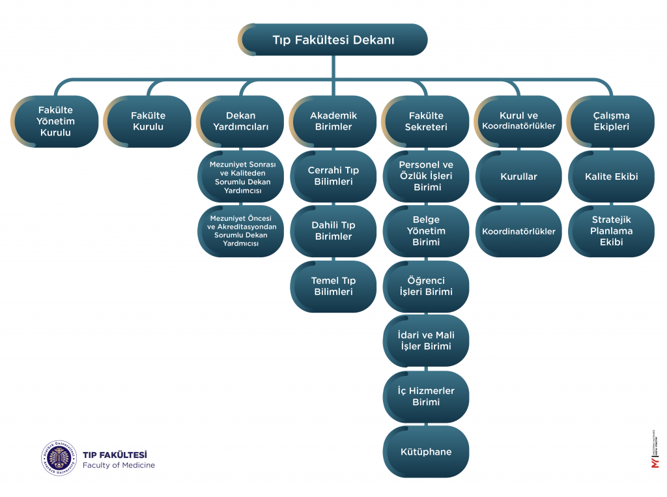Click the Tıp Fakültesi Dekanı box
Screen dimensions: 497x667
click(333, 40)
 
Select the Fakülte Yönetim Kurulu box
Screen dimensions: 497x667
click(57, 122)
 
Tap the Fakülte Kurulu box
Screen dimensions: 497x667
click(149, 122)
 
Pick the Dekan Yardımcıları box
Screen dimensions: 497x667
click(241, 122)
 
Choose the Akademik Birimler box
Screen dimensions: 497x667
click(333, 122)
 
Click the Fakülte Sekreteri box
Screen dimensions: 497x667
click(426, 122)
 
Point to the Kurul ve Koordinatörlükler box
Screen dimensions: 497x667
click(518, 122)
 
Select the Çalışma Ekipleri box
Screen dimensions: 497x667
click(611, 122)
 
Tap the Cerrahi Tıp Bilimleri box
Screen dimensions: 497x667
click(333, 177)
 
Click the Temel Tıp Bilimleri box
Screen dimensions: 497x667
click(333, 287)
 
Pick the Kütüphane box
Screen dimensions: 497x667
click(426, 452)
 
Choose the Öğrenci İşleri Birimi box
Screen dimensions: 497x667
click(426, 287)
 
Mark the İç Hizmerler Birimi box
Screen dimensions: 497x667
click(426, 397)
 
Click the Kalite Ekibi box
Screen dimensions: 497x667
click(611, 177)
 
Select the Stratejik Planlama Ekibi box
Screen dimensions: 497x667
click(611, 231)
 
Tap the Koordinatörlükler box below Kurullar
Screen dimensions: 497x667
click(518, 231)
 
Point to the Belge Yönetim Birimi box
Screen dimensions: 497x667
click(426, 231)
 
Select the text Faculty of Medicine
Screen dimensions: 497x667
click(119, 465)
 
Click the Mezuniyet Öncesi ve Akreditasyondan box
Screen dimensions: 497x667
click(241, 231)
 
